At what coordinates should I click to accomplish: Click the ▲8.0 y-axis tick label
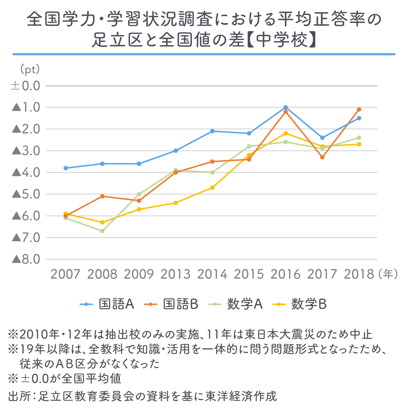coord(26,259)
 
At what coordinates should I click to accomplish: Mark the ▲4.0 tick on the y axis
coord(26,172)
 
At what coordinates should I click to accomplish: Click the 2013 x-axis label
coord(175,274)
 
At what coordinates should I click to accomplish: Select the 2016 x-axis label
coord(285,274)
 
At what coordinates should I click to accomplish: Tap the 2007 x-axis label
coord(65,274)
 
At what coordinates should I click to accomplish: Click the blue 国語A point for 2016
coord(286,107)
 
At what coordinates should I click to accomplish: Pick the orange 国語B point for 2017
coord(322,157)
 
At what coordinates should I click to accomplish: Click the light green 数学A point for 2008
coord(102,231)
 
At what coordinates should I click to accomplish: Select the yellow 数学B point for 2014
coord(212,187)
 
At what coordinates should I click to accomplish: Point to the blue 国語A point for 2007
coord(65,168)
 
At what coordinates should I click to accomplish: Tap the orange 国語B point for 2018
coord(359,109)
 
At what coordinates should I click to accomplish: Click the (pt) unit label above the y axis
coord(30,69)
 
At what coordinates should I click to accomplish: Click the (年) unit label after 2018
coord(388,274)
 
